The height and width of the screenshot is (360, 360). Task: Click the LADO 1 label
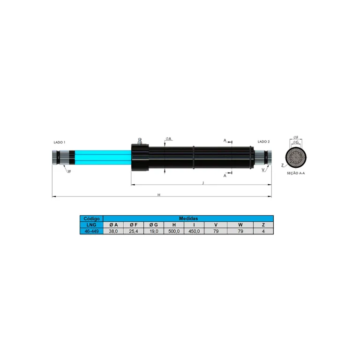click(x=60, y=142)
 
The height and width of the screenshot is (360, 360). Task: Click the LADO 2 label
click(x=263, y=142)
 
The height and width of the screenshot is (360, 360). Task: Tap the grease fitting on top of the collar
click(x=140, y=141)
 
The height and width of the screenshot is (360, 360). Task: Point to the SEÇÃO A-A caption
click(x=296, y=173)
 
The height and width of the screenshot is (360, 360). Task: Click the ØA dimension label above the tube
click(x=169, y=139)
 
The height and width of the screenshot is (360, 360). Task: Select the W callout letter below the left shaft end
click(x=69, y=171)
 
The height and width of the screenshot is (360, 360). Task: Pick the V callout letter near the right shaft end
click(x=263, y=170)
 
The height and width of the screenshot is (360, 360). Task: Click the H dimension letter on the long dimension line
click(x=159, y=195)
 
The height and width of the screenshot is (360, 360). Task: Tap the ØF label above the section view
click(x=296, y=137)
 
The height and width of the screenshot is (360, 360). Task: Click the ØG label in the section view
click(x=296, y=142)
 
